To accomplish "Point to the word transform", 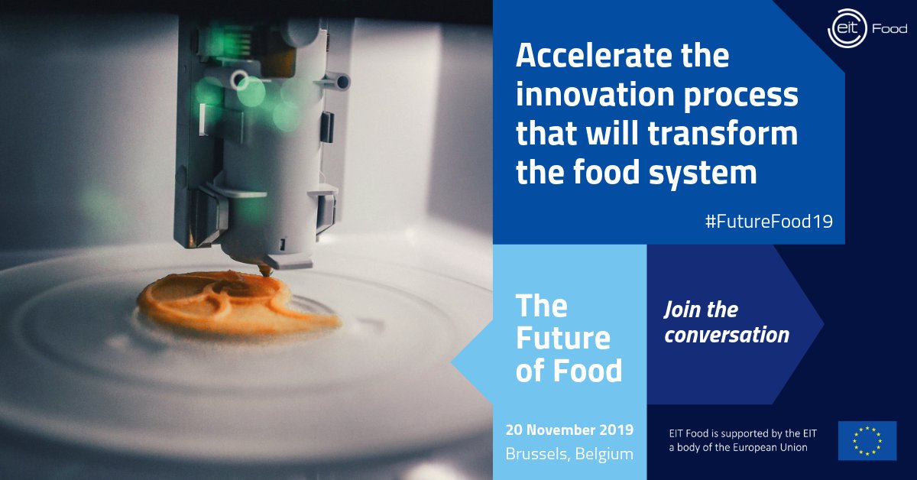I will pyautogui.click(x=722, y=135).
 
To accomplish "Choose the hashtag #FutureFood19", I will pyautogui.click(x=769, y=221).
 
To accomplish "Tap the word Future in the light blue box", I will pyautogui.click(x=562, y=338).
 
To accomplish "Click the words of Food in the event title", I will pyautogui.click(x=569, y=371).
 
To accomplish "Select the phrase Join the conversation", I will pyautogui.click(x=726, y=322).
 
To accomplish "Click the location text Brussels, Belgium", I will pyautogui.click(x=569, y=453).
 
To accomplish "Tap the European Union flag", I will pyautogui.click(x=867, y=441).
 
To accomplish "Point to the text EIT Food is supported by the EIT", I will pyautogui.click(x=738, y=433).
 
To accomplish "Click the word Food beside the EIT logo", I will pyautogui.click(x=889, y=30).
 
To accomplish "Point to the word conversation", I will pyautogui.click(x=726, y=335).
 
